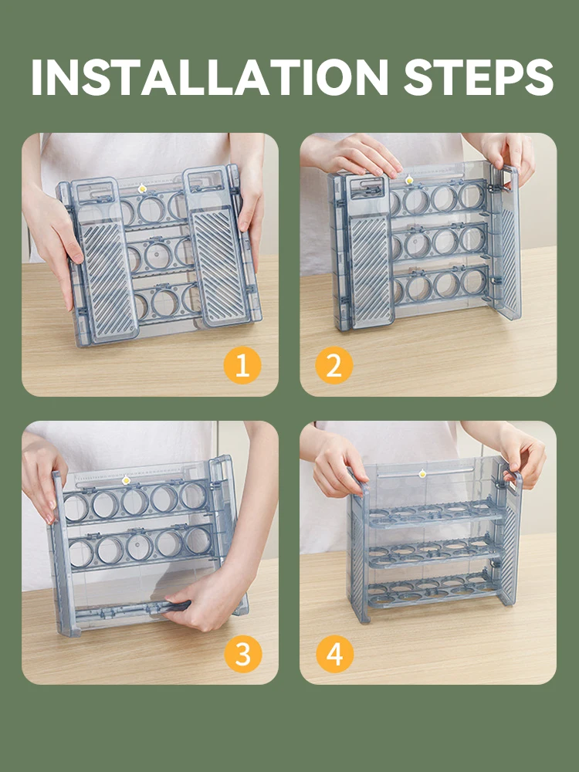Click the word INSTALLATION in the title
click(x=209, y=77)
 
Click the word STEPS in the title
click(x=479, y=77)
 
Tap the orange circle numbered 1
click(x=242, y=365)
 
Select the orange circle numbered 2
click(x=334, y=365)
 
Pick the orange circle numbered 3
click(x=242, y=654)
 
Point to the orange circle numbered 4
click(x=335, y=654)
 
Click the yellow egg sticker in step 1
click(x=142, y=188)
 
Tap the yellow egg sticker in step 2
click(x=408, y=180)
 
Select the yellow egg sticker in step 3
click(x=126, y=479)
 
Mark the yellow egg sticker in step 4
click(x=422, y=474)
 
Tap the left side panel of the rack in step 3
click(x=63, y=554)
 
